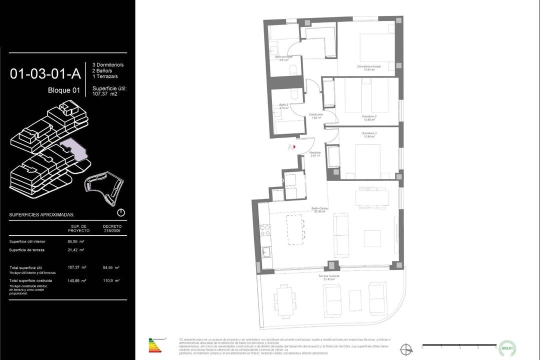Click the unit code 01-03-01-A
point(45,74)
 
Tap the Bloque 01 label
point(63,90)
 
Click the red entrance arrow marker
point(294,147)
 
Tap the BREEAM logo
point(507,348)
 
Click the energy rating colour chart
point(155,345)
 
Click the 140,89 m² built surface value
point(77,280)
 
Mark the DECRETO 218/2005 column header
point(112,228)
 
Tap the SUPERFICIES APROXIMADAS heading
point(41,214)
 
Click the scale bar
point(459,345)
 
